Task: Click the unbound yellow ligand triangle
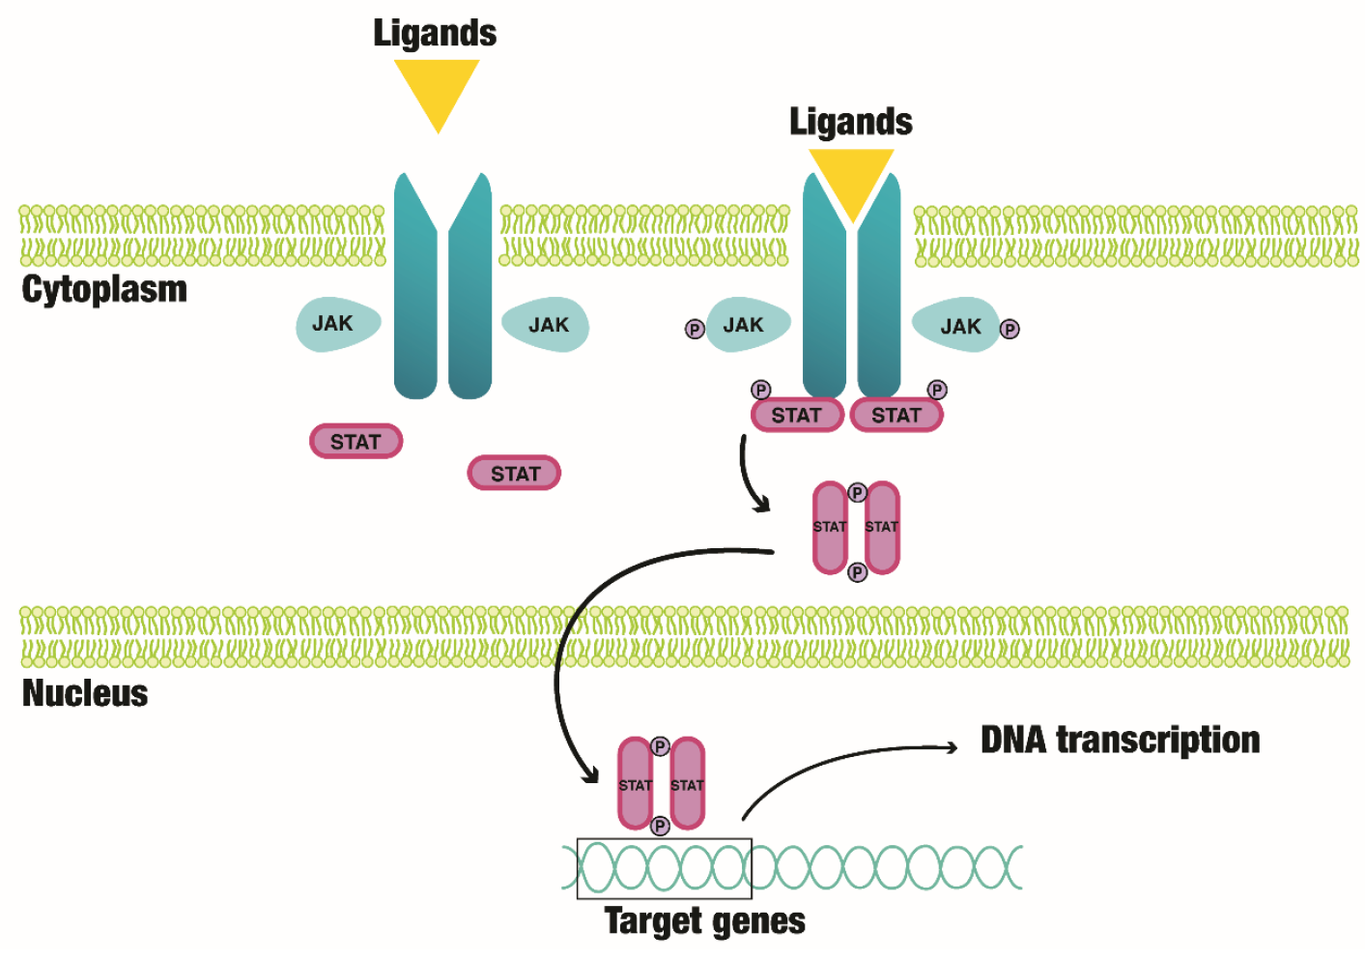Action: coord(437,89)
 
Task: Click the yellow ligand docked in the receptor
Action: coord(851,179)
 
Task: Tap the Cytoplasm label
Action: coord(104,289)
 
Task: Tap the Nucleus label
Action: coord(85,693)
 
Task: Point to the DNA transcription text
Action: coord(1120,740)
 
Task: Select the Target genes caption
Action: coord(704,920)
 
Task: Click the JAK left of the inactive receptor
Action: coord(335,324)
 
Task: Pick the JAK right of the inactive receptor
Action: coord(548,325)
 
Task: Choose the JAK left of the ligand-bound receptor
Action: coord(746,325)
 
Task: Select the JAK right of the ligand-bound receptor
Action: coord(958,326)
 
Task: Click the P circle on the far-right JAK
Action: coord(1010,329)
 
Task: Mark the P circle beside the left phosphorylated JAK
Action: coord(695,329)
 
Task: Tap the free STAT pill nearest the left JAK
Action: coord(355,442)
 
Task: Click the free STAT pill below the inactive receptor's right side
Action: coord(514,474)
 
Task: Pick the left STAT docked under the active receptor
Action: coord(797,416)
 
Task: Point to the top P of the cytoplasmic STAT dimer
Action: coord(857,493)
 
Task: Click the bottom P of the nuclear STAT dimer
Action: coord(660,826)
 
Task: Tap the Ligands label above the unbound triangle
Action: coord(435,33)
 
